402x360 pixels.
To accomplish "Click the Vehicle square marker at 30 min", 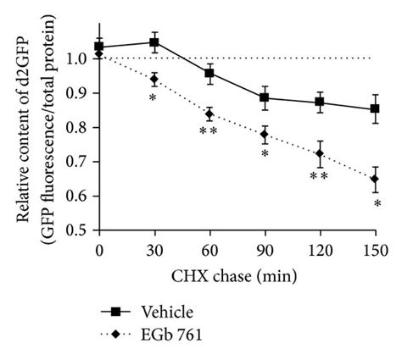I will pyautogui.click(x=154, y=42).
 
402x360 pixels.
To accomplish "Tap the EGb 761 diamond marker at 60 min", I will pyautogui.click(x=209, y=114).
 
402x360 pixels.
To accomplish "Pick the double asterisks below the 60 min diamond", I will pyautogui.click(x=208, y=132).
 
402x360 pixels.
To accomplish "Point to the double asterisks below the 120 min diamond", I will pyautogui.click(x=319, y=175).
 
